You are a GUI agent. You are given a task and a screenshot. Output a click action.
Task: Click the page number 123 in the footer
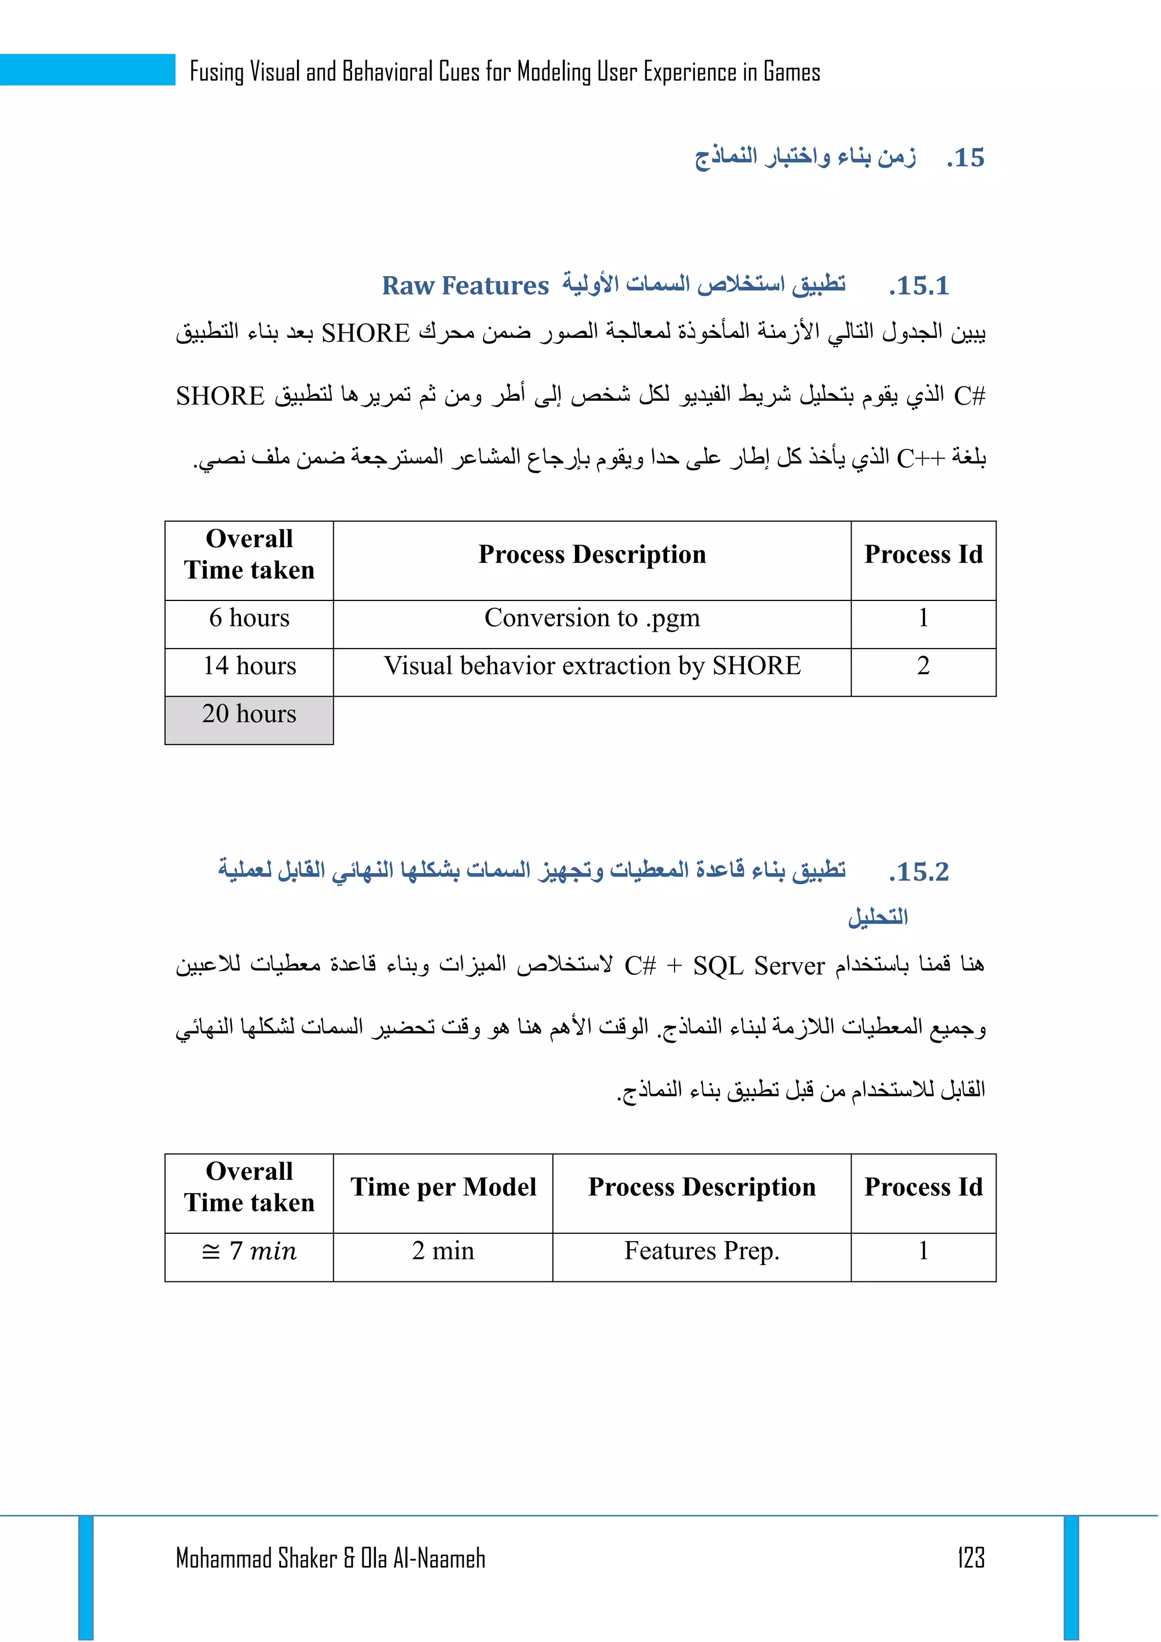(970, 1557)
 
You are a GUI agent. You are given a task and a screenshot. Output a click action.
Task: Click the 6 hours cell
(249, 618)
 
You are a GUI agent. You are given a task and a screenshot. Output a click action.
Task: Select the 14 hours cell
(249, 666)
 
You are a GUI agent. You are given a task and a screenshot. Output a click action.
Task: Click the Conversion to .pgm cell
(592, 618)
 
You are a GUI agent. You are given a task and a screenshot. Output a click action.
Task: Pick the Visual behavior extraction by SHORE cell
(592, 666)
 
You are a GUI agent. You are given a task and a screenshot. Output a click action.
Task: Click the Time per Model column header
(443, 1187)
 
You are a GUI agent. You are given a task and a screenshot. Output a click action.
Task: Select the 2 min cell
(443, 1251)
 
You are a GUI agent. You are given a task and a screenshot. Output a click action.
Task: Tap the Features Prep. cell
(701, 1251)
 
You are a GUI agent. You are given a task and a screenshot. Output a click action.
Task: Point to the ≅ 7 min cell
(249, 1251)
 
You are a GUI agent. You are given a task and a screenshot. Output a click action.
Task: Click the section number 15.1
(920, 286)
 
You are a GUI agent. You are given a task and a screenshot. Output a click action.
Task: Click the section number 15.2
(920, 872)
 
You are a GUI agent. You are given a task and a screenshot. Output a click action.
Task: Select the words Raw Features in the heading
(465, 285)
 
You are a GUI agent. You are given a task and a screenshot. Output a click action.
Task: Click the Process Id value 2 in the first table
(923, 666)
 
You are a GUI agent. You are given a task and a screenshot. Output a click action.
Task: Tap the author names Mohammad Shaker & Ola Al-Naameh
(330, 1558)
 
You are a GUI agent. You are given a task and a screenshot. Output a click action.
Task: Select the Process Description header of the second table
(701, 1187)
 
